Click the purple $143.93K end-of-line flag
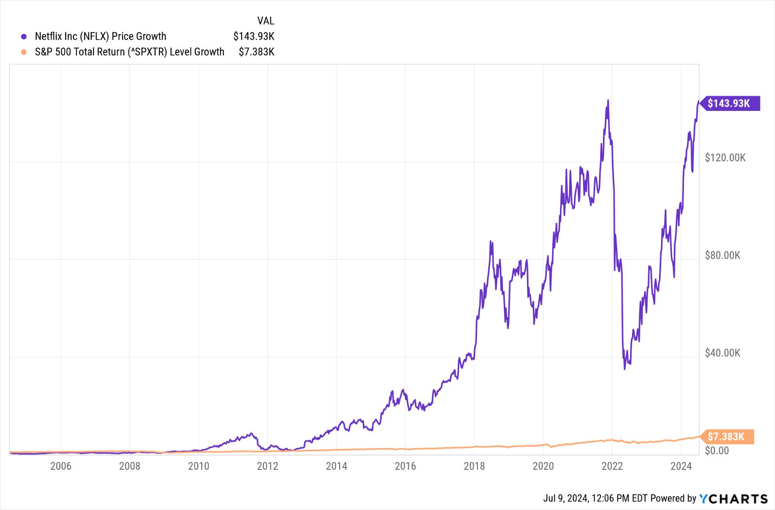[x=728, y=103]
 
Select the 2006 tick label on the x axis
[x=61, y=466]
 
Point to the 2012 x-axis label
[x=267, y=466]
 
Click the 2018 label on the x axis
[x=474, y=466]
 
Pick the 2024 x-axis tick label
[x=681, y=466]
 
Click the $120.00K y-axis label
[x=725, y=157]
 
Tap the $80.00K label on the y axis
[x=722, y=255]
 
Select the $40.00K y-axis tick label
[x=722, y=353]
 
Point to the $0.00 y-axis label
[x=716, y=450]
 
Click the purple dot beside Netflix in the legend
[x=24, y=36]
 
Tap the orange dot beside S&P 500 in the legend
[x=24, y=52]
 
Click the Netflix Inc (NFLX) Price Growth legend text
[x=100, y=36]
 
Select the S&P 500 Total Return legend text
[x=129, y=52]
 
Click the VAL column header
[x=265, y=21]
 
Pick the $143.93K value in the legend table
[x=254, y=36]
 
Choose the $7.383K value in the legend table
[x=256, y=52]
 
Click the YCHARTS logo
[x=734, y=498]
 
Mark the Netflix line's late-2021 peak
[x=608, y=101]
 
